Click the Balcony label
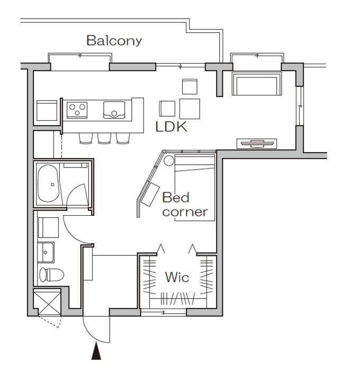[x=114, y=41]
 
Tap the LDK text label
[x=172, y=127]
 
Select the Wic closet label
[x=177, y=277]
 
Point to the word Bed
[x=176, y=197]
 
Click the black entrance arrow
[x=96, y=351]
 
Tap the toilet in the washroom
[x=51, y=275]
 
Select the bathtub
[x=48, y=183]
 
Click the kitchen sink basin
[x=114, y=110]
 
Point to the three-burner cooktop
[x=77, y=110]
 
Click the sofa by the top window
[x=257, y=83]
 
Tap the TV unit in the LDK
[x=257, y=144]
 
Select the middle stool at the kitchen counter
[x=104, y=138]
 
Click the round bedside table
[x=169, y=161]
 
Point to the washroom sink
[x=46, y=252]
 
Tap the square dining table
[x=190, y=109]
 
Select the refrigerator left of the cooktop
[x=47, y=110]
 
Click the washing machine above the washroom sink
[x=48, y=227]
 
